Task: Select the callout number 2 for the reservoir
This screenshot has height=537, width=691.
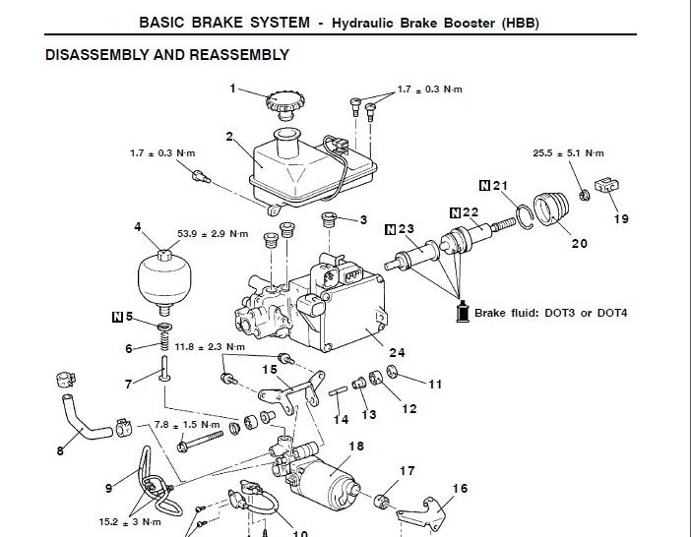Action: [228, 137]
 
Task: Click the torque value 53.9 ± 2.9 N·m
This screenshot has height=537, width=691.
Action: [216, 234]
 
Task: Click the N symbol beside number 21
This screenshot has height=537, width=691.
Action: [484, 186]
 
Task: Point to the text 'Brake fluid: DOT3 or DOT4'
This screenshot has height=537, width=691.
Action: [550, 313]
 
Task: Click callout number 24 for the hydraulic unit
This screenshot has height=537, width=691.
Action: [397, 353]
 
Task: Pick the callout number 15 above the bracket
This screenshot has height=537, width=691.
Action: [270, 370]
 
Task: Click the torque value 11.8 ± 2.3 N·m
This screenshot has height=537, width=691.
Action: [210, 347]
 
